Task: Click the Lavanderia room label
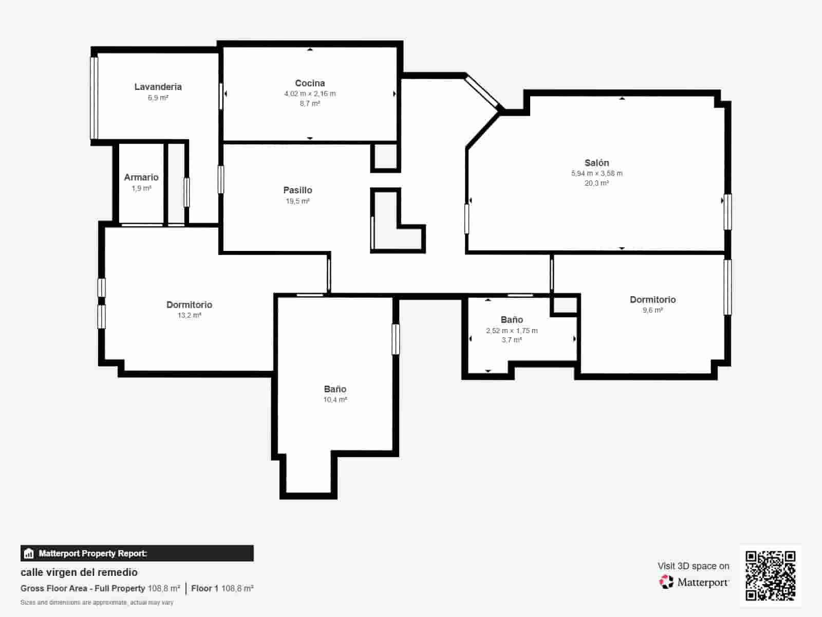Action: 158,87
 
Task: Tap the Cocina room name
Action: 310,83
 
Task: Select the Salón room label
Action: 596,163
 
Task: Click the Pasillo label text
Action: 297,190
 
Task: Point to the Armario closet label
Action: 141,177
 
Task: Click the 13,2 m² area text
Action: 189,315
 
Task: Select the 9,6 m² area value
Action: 652,310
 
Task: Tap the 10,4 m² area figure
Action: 335,400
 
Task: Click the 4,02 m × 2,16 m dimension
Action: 310,94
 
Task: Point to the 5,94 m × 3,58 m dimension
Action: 596,173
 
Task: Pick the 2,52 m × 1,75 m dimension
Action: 512,331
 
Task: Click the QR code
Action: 770,575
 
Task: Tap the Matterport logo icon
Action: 666,582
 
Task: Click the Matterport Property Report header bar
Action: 137,553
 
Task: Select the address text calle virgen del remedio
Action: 79,572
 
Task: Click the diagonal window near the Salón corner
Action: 483,92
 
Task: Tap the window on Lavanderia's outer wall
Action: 94,98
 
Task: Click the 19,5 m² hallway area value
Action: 297,201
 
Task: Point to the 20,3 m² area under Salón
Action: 596,183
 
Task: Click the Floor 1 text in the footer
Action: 204,588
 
